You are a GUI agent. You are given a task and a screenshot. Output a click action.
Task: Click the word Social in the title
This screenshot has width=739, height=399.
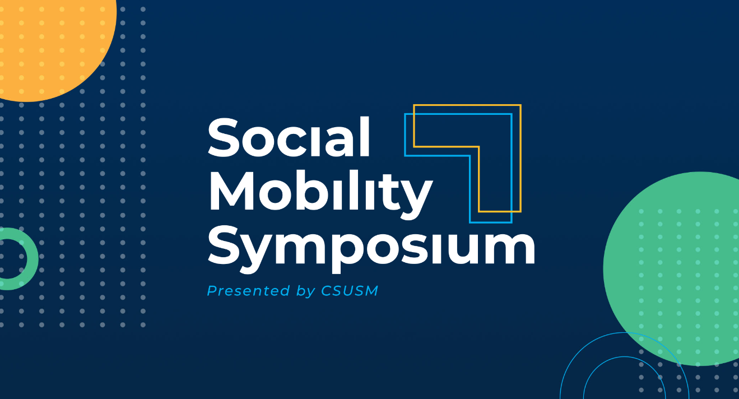pyautogui.click(x=289, y=137)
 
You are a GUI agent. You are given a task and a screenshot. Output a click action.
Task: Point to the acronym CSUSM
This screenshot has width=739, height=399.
pyautogui.click(x=350, y=291)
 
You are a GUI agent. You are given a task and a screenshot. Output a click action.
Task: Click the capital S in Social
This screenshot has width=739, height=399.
pyautogui.click(x=225, y=137)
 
